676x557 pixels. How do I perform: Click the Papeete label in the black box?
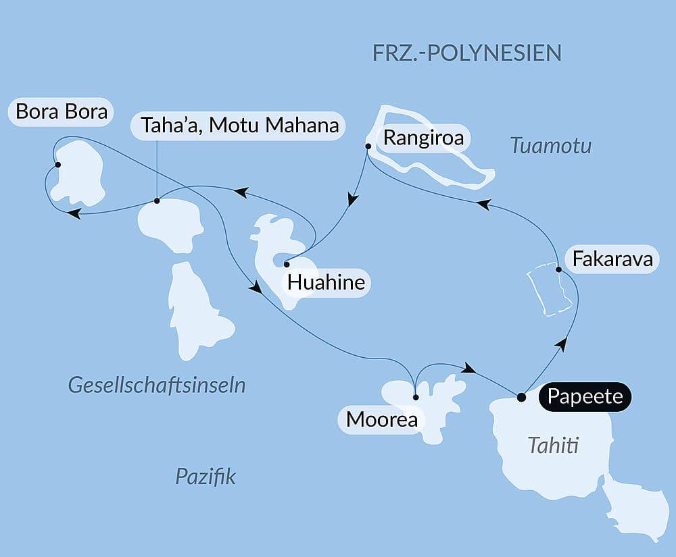click(585, 396)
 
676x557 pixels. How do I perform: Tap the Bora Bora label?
click(62, 111)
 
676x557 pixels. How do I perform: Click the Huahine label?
click(326, 282)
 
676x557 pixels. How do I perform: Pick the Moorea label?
click(381, 419)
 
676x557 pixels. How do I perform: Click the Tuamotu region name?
click(551, 145)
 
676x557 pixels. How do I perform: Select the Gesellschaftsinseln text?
click(156, 386)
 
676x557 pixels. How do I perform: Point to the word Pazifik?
click(206, 477)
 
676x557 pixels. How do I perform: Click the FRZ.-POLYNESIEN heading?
click(467, 53)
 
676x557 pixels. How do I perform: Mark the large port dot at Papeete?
click(521, 397)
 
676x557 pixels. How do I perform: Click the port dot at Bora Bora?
click(58, 165)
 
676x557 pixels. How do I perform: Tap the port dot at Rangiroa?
click(368, 146)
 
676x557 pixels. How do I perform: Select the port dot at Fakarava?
click(558, 270)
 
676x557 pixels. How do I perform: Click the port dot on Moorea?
click(416, 397)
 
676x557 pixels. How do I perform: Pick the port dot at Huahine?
click(287, 264)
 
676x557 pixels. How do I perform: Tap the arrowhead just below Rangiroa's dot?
click(352, 200)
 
